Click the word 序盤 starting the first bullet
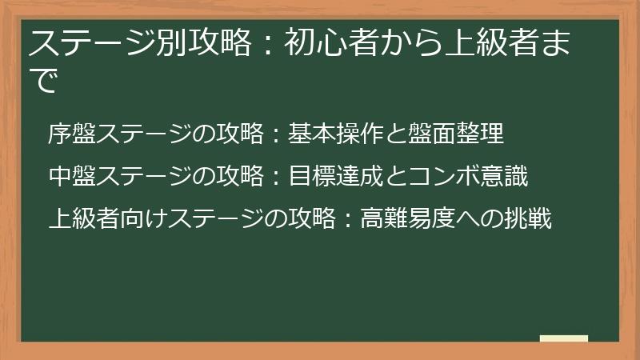point(72,134)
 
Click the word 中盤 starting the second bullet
point(72,176)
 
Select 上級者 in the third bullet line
point(84,218)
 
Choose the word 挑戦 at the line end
point(529,218)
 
